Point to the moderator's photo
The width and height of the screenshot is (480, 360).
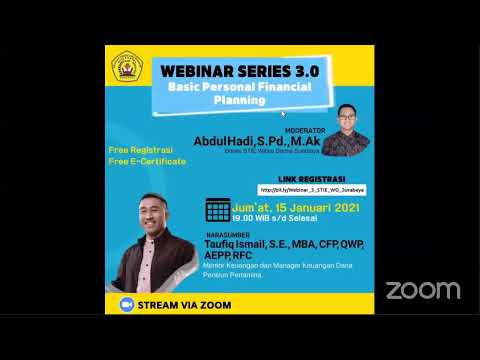point(346,126)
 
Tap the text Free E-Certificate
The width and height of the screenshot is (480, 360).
point(147,161)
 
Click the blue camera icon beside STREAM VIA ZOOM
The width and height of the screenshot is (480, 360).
point(126,303)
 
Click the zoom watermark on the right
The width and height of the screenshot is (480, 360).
point(423,290)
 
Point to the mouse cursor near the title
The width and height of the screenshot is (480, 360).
point(284,113)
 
